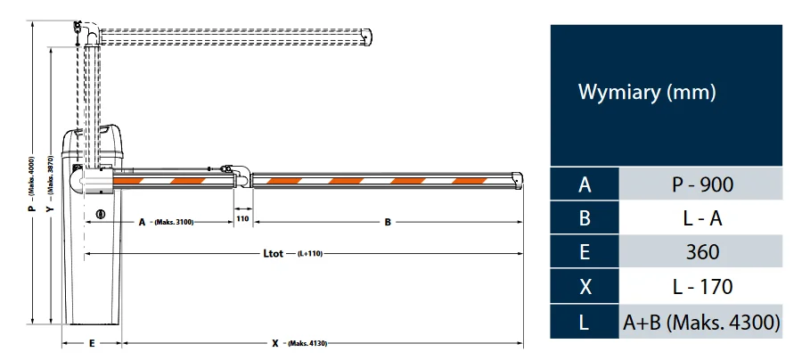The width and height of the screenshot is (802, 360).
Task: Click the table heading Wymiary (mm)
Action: pos(647,92)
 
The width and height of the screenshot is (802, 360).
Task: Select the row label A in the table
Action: pos(585,184)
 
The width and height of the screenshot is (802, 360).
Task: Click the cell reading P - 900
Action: pos(701,184)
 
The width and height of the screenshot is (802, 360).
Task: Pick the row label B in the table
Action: pos(585,218)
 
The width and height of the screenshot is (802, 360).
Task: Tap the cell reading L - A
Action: pos(701,218)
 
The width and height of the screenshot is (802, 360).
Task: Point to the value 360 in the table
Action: pos(701,252)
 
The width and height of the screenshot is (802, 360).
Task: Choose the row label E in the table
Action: pos(585,252)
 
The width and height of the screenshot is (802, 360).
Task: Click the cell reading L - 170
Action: pos(701,286)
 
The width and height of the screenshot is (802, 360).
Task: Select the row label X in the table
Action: pos(585,286)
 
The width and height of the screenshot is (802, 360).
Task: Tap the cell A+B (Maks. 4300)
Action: pos(701,321)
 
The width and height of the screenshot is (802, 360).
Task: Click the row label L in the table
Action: pos(585,321)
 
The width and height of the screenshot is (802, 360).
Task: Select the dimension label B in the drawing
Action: pos(388,222)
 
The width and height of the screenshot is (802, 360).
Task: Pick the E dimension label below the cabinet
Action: pos(92,343)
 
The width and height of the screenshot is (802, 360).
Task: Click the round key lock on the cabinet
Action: pos(101,214)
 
